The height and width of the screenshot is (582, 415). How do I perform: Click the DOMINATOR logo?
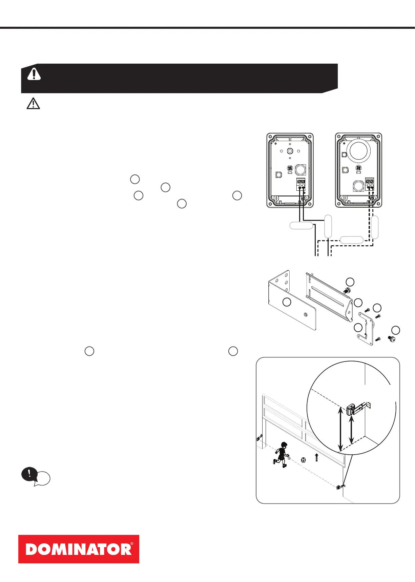pos(79,549)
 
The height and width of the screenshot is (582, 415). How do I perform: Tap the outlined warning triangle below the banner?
pos(33,104)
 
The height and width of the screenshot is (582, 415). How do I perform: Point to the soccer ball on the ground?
pos(303,460)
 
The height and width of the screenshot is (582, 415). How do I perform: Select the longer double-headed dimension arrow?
pos(340,429)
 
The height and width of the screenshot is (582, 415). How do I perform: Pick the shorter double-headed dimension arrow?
pos(352,430)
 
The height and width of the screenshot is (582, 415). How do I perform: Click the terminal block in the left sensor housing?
pos(301,184)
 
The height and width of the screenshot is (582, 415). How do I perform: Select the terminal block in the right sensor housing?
pos(370,184)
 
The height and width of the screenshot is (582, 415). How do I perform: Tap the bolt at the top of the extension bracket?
pos(347,291)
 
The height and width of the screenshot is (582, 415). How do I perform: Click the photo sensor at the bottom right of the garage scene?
pos(340,487)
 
